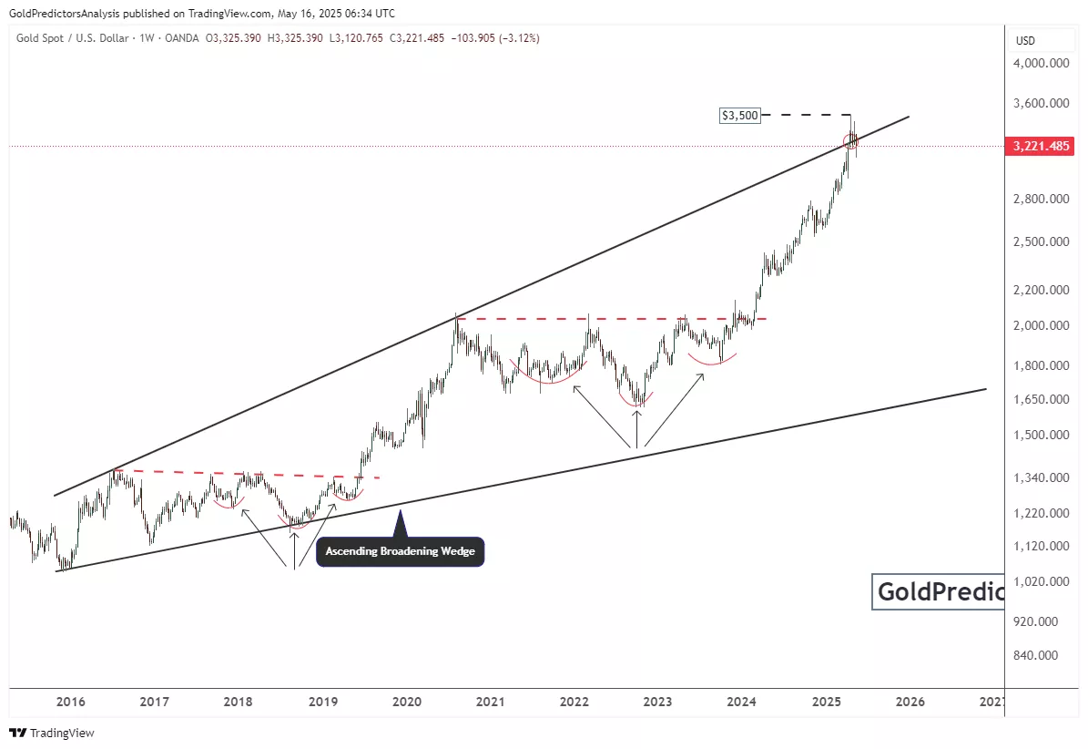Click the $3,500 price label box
(739, 116)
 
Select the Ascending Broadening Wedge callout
(401, 551)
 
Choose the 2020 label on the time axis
(407, 702)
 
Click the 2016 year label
(70, 702)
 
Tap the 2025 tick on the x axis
(826, 702)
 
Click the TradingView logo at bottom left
(52, 733)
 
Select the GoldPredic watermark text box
(938, 592)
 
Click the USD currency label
(1025, 41)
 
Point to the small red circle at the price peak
(851, 140)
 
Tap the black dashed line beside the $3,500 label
(806, 115)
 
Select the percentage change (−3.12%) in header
(516, 39)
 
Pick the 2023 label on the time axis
(658, 702)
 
